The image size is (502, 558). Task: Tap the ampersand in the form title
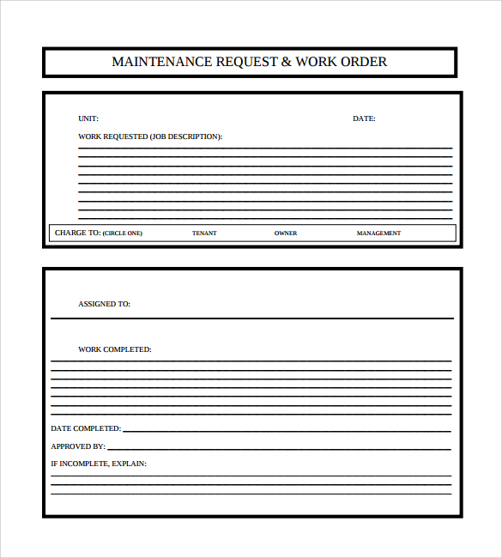coord(286,62)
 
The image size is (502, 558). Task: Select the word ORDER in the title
coord(365,62)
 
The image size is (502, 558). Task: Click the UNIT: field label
coord(88,118)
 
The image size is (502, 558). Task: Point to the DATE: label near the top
coord(364,118)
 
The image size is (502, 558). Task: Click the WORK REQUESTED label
coord(112,136)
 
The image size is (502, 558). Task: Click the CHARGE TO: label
coord(77,233)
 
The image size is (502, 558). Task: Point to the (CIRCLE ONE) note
coord(123,234)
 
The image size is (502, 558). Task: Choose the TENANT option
coord(204,234)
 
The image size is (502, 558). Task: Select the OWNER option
coord(286,234)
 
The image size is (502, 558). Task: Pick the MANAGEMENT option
coord(378,234)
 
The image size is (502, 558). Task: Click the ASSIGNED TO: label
coord(104,304)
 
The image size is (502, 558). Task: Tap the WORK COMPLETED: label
coord(114,349)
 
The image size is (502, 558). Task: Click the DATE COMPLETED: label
coord(86,428)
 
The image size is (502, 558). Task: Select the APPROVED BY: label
coord(78,446)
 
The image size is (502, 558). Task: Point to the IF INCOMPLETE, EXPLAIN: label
coord(99,464)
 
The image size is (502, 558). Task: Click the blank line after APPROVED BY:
coord(279,448)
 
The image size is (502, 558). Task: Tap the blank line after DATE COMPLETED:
coord(287,430)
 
